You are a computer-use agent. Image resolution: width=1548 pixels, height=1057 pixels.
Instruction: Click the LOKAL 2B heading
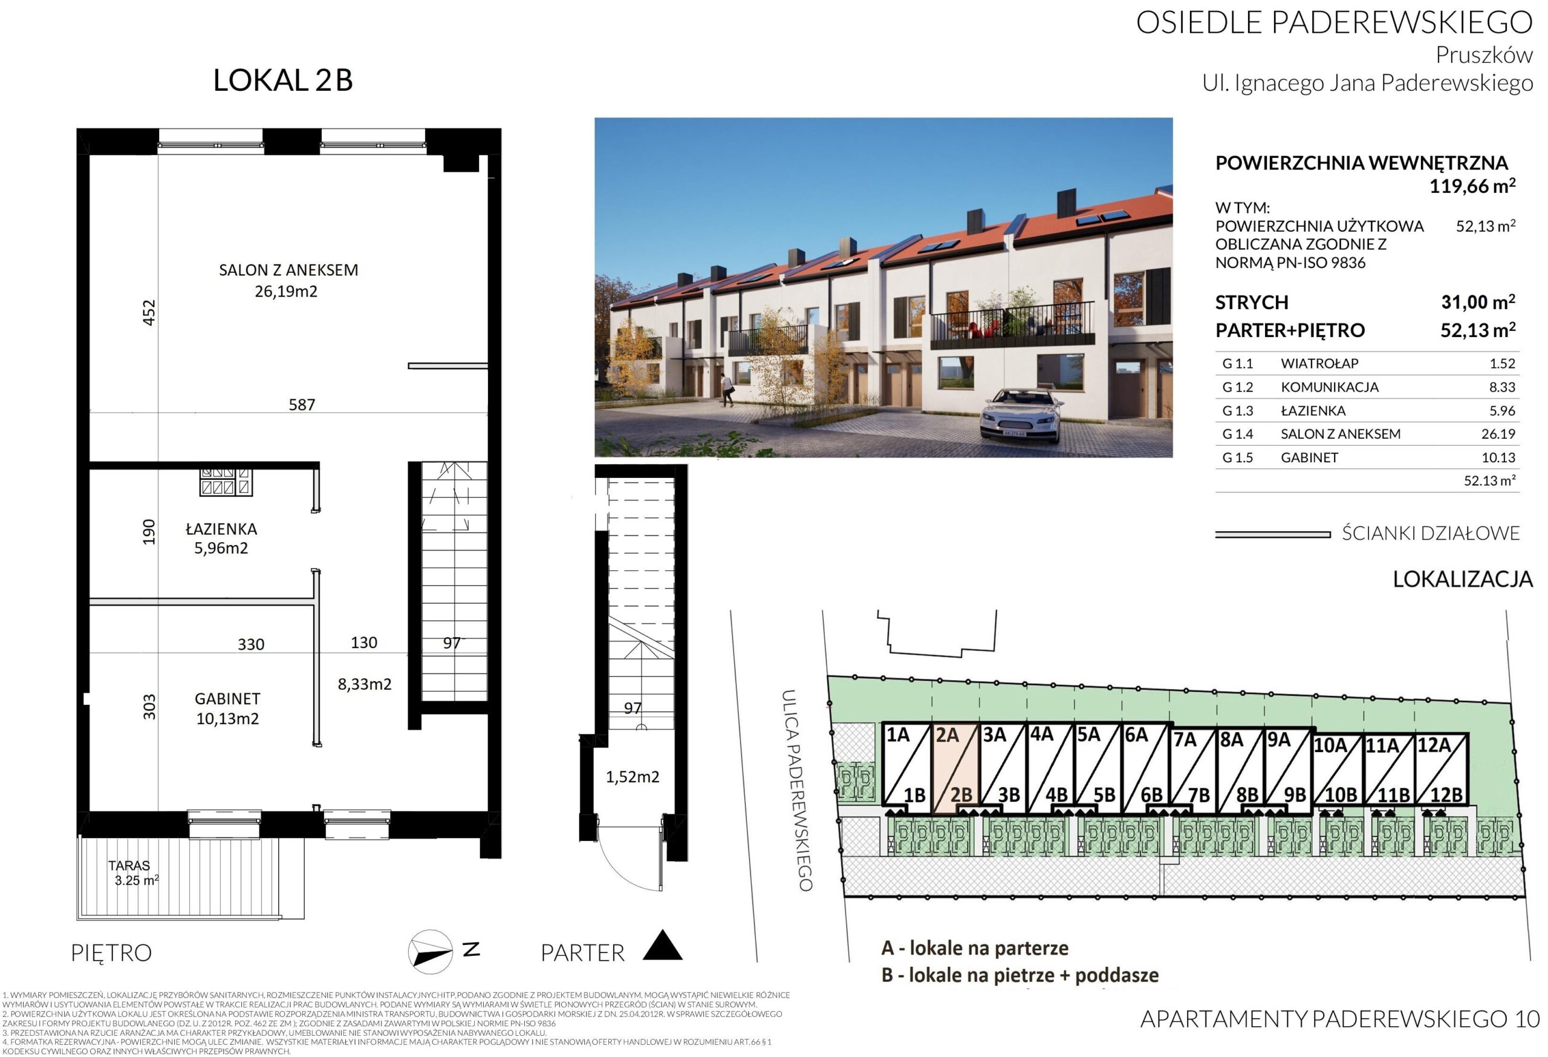coord(282,80)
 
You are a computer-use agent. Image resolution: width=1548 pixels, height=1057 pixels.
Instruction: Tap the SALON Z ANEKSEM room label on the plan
coord(288,270)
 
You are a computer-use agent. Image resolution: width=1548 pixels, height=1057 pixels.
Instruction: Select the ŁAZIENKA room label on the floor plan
coord(221,529)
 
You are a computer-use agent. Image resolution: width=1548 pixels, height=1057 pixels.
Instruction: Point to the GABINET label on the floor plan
coord(227,698)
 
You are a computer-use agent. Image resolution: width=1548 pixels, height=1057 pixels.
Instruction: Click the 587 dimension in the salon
coord(302,405)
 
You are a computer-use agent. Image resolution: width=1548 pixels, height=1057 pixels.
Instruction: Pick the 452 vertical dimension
coord(149,313)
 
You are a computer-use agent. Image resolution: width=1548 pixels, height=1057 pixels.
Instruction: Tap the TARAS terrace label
coord(129,865)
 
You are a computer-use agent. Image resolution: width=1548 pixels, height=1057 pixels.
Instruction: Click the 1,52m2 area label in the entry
coord(632,776)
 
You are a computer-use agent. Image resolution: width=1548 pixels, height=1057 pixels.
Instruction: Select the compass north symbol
coord(431,951)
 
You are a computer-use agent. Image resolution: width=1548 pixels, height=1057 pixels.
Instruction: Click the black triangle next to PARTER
coord(663,946)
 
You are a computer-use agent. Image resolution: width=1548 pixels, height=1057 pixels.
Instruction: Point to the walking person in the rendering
coord(726,389)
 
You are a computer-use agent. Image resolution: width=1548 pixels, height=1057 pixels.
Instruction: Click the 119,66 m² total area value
coord(1472,186)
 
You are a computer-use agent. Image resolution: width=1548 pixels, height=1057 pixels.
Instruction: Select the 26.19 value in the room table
coord(1498,434)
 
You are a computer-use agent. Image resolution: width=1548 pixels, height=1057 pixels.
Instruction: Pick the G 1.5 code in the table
coord(1238,457)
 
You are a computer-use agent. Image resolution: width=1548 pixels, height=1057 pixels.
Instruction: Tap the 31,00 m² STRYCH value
coord(1478,302)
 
